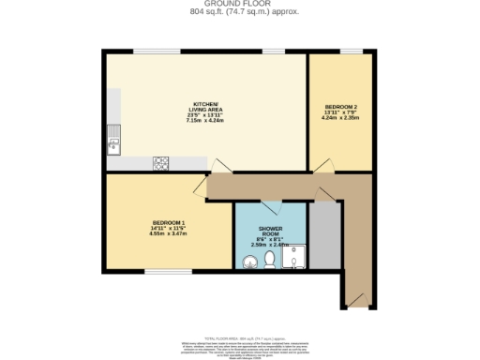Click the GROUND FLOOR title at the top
(239, 4)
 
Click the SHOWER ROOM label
(270, 229)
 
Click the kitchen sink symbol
(113, 143)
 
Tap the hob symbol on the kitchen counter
(160, 162)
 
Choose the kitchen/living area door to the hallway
(217, 166)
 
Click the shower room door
(270, 204)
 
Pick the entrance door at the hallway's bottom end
(355, 299)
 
